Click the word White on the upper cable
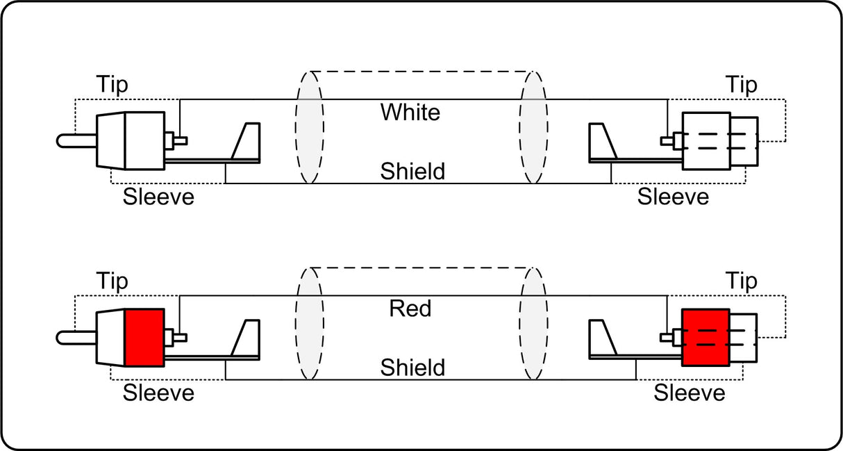(410, 112)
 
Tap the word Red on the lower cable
(410, 309)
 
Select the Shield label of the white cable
(412, 171)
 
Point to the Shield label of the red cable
(412, 368)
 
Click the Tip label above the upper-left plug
(112, 84)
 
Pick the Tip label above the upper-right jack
(742, 84)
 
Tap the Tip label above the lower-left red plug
(112, 281)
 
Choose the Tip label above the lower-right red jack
(742, 281)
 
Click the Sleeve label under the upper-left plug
(158, 197)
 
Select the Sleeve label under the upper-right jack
(673, 197)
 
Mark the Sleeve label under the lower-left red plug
(158, 393)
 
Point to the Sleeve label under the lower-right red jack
(690, 393)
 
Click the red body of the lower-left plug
(144, 338)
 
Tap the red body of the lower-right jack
(706, 338)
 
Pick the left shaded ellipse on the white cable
(309, 127)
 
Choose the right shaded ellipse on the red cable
(533, 324)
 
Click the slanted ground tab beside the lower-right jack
(601, 338)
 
